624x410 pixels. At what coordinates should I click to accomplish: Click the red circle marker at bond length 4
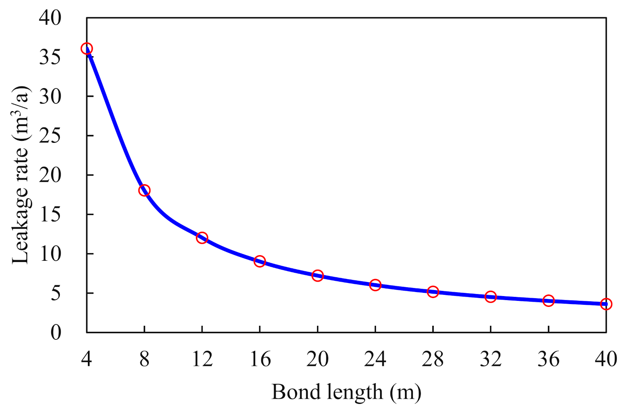(x=87, y=49)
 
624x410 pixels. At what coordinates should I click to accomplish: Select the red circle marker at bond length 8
(x=144, y=190)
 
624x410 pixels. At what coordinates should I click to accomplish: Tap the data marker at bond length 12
(x=202, y=237)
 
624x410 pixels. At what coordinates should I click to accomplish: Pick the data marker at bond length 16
(x=260, y=261)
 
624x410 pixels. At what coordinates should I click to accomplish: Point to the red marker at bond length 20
(x=317, y=276)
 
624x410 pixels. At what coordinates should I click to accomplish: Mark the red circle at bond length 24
(x=375, y=285)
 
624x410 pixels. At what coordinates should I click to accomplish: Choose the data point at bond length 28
(x=433, y=292)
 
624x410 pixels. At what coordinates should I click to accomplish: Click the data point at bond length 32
(x=490, y=297)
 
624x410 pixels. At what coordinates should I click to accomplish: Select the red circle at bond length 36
(x=549, y=301)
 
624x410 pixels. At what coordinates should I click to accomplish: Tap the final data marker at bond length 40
(x=606, y=304)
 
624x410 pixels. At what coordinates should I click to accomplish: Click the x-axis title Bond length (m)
(x=346, y=392)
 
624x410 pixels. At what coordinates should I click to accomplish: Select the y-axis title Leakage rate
(x=21, y=175)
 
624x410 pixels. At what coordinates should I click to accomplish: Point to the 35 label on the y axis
(x=50, y=57)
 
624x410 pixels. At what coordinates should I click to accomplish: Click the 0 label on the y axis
(x=56, y=333)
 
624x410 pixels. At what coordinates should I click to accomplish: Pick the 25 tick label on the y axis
(x=50, y=136)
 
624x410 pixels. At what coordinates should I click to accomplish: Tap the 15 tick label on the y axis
(x=50, y=214)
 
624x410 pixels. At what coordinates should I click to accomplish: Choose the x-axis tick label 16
(x=260, y=359)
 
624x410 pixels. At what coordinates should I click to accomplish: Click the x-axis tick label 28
(x=433, y=359)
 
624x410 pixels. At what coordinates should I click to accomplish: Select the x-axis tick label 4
(x=87, y=359)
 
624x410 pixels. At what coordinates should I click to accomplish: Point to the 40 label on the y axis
(x=50, y=18)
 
